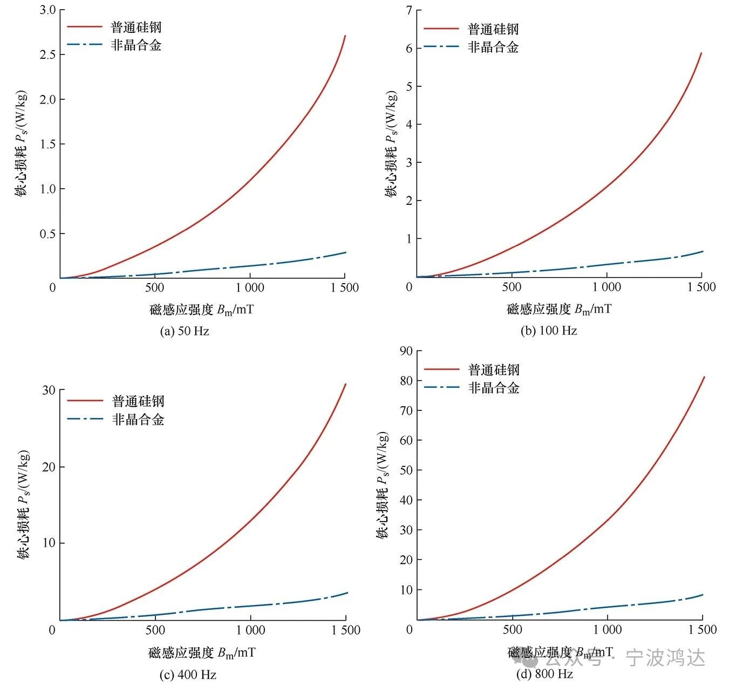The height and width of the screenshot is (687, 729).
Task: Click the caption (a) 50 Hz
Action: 185,331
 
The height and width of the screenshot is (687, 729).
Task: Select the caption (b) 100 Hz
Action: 549,331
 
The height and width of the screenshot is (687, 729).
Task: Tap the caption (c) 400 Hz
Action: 188,674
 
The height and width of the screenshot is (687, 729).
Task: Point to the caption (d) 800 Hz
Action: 544,674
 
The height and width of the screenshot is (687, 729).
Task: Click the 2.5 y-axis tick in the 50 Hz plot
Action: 48,54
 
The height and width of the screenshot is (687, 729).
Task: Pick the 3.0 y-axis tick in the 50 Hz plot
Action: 48,10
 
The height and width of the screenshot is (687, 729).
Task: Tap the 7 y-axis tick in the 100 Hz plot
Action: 408,10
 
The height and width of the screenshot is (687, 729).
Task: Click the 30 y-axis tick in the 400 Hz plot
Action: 49,390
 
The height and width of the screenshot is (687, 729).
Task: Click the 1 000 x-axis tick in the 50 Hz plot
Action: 250,287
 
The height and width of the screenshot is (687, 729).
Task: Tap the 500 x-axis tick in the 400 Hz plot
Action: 155,630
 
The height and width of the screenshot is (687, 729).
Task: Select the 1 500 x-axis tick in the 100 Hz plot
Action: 701,287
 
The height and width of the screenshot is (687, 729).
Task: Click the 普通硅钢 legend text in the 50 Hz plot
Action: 136,27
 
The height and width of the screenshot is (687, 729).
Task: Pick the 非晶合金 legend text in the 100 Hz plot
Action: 493,47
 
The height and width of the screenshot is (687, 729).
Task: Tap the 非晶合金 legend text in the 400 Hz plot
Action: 138,420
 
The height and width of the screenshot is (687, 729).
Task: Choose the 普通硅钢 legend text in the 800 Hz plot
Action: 494,370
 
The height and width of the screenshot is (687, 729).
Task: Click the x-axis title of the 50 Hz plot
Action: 202,310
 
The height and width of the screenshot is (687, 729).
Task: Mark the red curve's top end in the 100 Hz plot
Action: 701,53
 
